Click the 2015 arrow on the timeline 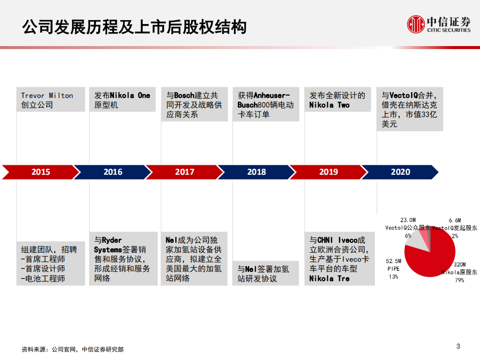(41, 172)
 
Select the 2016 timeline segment (113, 172)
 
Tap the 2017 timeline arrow (185, 172)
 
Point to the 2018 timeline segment (256, 172)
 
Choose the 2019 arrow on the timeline (328, 172)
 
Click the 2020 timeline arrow (400, 172)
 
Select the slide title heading (134, 27)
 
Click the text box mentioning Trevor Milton (51, 100)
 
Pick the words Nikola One (130, 96)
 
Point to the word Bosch (184, 96)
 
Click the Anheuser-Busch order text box (266, 105)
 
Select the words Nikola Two (329, 105)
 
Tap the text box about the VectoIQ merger (409, 109)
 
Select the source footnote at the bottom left (73, 349)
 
